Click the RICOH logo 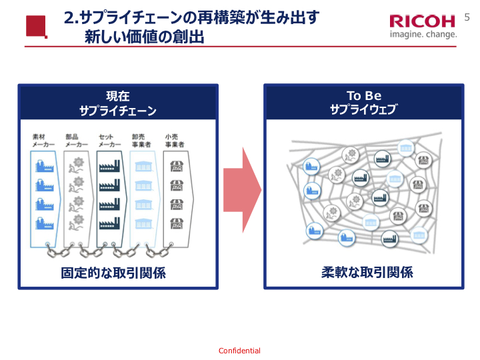[422, 21]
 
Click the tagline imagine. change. [423, 34]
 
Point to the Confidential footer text [239, 351]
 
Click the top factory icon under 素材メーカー [44, 165]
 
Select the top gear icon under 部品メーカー [77, 164]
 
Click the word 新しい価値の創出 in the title [144, 37]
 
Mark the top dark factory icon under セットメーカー [110, 165]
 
